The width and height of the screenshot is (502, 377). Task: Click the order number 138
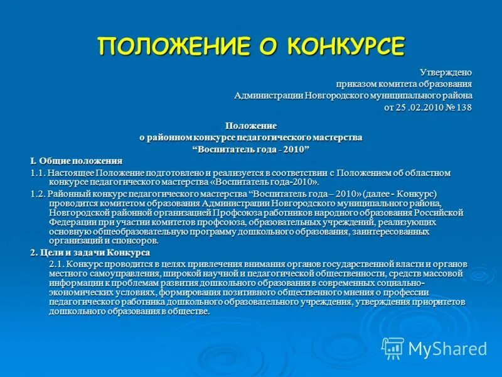464,107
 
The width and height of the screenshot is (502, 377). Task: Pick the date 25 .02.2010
420,107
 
